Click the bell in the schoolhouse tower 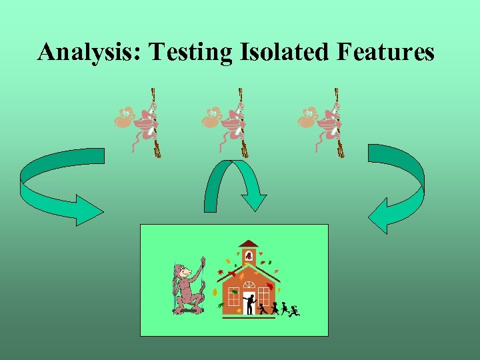(249, 256)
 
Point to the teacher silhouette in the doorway (250, 304)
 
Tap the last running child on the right (294, 311)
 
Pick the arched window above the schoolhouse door (249, 285)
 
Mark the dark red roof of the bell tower (249, 244)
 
